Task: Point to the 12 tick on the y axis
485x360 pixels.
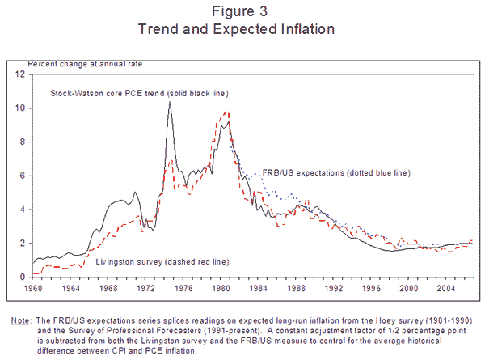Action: tap(21, 74)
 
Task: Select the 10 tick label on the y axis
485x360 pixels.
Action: tap(21, 108)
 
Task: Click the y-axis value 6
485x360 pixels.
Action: tap(23, 176)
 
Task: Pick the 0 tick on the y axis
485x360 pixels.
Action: tap(23, 277)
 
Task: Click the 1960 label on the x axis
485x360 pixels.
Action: tap(32, 287)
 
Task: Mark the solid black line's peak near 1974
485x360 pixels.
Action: tap(169, 102)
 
